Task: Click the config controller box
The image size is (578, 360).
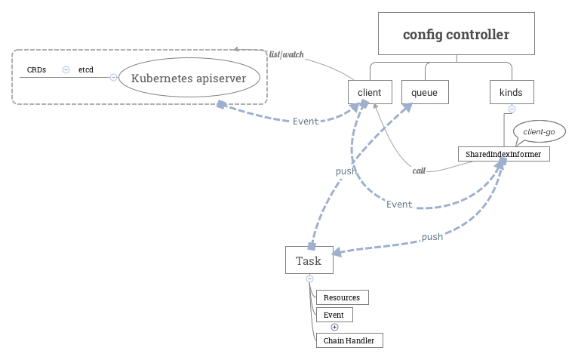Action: [456, 35]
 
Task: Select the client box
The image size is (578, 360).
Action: [370, 92]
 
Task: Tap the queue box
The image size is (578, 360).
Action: [424, 92]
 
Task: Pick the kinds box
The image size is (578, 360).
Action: [511, 92]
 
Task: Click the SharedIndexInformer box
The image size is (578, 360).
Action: [503, 153]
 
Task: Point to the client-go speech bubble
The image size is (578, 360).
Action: [539, 131]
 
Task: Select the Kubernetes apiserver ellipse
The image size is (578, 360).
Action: [189, 77]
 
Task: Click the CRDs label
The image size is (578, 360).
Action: [36, 69]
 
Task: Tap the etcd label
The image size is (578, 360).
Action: [86, 69]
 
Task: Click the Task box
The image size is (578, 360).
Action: [309, 260]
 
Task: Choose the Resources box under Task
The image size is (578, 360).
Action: [342, 297]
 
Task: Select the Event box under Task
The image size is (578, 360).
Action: [334, 314]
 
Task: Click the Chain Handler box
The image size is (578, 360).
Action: [349, 340]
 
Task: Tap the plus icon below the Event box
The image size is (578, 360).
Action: [335, 327]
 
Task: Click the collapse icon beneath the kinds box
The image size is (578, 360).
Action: [511, 109]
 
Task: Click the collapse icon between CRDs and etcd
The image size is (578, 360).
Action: [66, 69]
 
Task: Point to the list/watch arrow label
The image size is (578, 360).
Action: [287, 54]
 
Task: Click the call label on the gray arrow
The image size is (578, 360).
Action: [419, 171]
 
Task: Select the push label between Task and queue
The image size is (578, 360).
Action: [346, 171]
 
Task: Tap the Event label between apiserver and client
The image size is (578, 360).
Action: [306, 121]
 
